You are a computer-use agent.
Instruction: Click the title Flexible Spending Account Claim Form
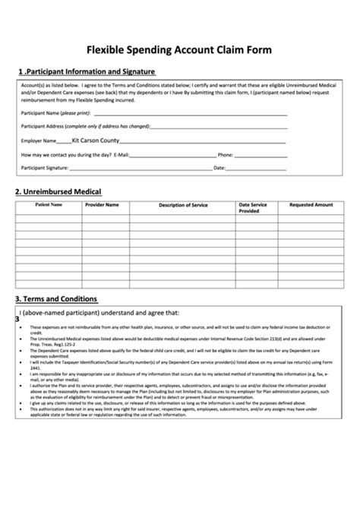tap(179, 51)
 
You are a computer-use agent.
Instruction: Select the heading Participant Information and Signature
tap(89, 72)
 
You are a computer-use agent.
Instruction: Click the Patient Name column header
tap(48, 204)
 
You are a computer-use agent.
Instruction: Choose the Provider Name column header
tap(102, 204)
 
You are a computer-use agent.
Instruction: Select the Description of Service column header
tap(183, 205)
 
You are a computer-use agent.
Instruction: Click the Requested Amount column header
tap(311, 204)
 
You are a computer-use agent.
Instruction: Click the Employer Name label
tap(39, 140)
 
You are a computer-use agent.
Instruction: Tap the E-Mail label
tap(121, 154)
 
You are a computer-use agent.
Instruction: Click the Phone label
tap(226, 154)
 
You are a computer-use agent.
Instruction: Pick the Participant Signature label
tap(45, 167)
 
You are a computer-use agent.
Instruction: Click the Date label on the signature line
tap(219, 167)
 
